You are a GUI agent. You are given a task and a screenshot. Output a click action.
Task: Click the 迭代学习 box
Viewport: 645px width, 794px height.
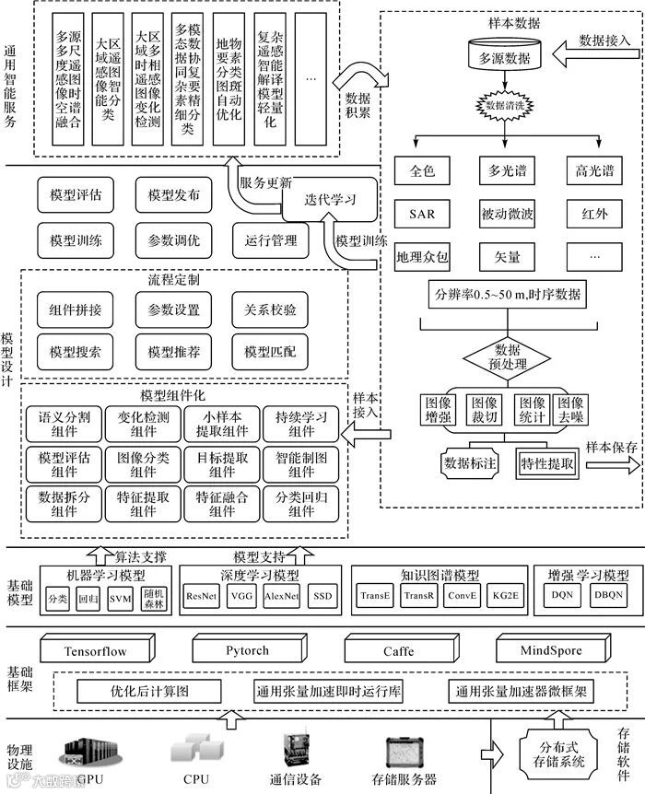tap(318, 199)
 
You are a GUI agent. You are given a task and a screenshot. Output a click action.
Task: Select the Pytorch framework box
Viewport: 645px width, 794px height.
tap(247, 651)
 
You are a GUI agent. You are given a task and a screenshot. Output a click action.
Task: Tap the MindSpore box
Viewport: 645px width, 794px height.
tap(551, 651)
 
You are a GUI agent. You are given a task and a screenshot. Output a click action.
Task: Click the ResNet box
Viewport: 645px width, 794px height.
tap(203, 596)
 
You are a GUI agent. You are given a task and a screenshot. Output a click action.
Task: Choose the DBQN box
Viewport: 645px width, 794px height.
tap(608, 595)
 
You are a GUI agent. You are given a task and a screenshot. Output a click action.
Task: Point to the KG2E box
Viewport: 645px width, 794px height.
tap(507, 596)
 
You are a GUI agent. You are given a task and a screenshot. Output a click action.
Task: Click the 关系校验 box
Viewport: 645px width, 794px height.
tap(276, 310)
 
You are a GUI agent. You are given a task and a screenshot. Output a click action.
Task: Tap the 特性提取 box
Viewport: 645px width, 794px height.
tap(547, 463)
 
